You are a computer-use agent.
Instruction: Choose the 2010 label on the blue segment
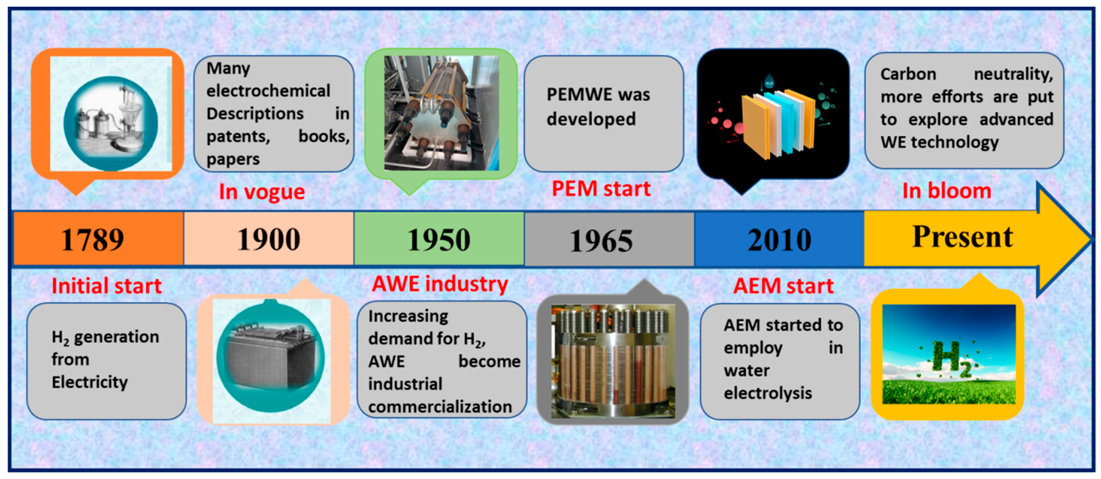tap(779, 240)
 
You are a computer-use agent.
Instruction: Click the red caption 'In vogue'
tap(262, 192)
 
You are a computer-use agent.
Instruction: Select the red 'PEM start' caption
tap(601, 188)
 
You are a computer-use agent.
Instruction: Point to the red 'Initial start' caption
tap(106, 285)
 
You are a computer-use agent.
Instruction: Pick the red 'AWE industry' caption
tap(440, 284)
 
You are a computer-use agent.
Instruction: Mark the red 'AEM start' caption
tap(783, 285)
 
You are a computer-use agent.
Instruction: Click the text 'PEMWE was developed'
tap(598, 106)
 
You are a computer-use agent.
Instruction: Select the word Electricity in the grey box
tap(90, 382)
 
